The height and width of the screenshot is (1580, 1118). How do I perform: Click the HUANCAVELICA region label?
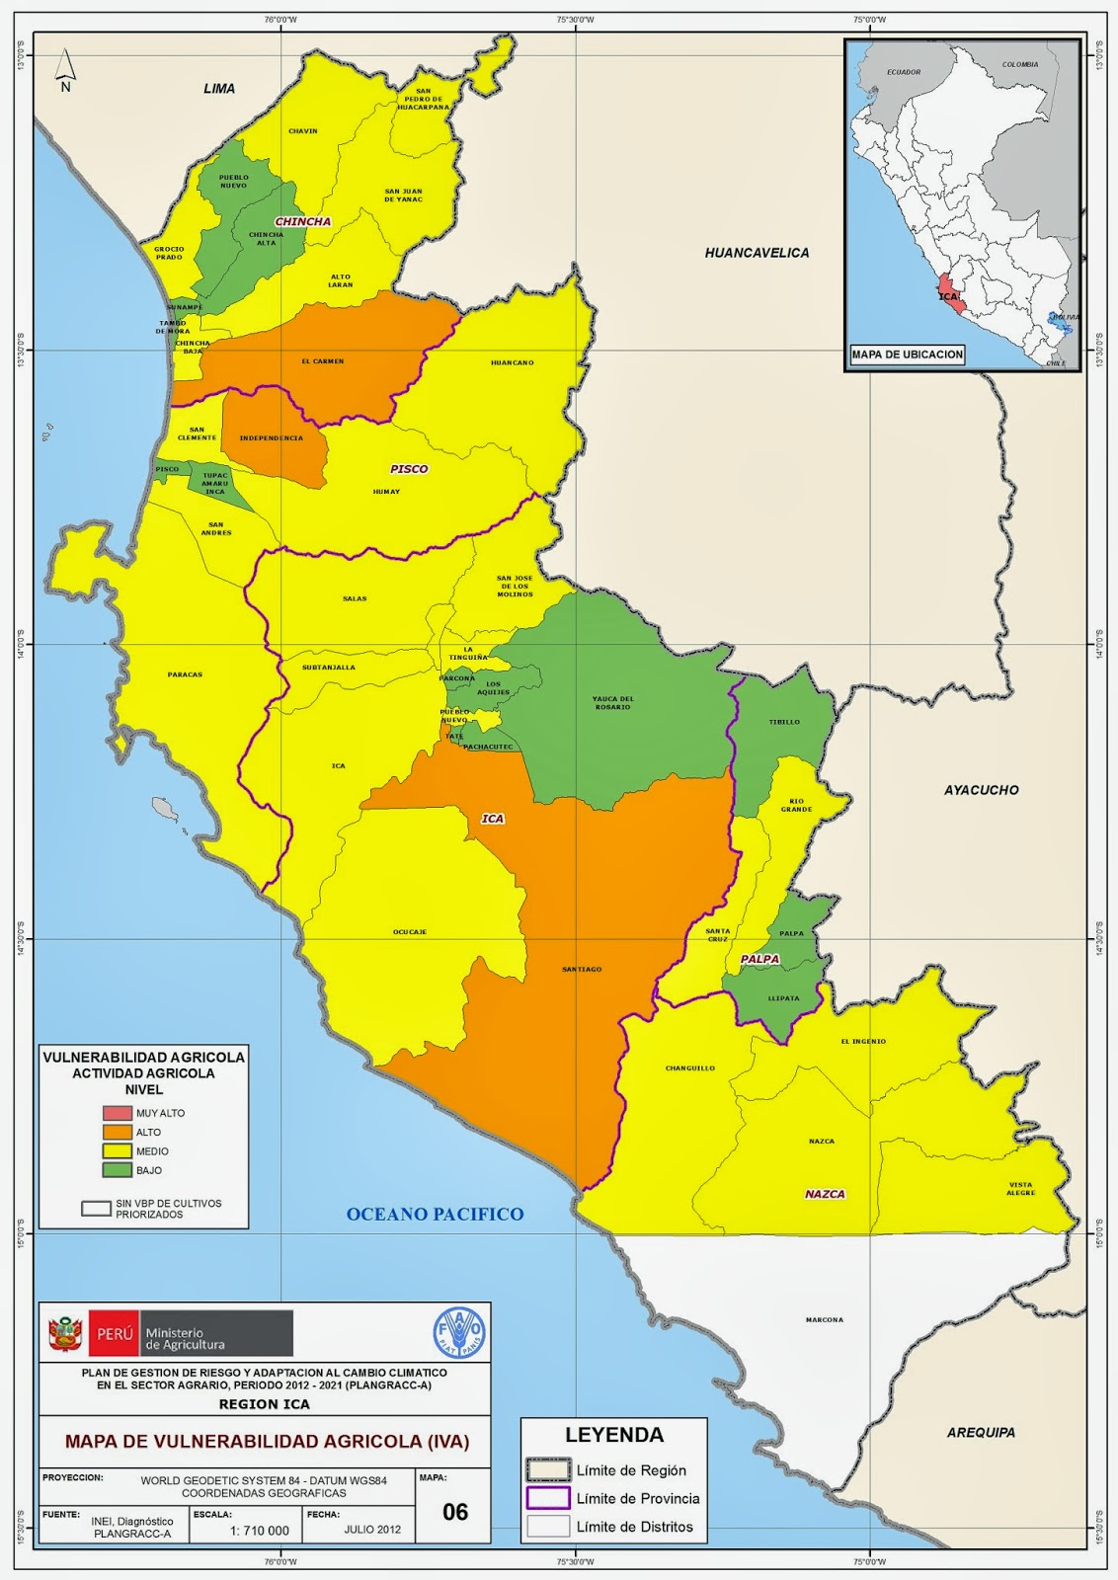pos(757,253)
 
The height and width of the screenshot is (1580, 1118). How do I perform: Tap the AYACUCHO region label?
pos(981,790)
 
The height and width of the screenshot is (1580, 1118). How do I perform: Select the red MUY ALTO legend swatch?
pos(118,1113)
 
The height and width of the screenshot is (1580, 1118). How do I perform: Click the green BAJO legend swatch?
pos(118,1170)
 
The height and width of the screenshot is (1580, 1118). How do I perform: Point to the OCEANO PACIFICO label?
pos(435,1215)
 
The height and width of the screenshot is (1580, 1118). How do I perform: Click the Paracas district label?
pos(185,674)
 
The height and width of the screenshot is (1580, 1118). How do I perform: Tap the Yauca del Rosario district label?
pos(613,702)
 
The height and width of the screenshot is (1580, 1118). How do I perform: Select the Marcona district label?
pos(824,1319)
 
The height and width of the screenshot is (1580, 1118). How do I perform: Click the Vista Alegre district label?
pos(1020,1189)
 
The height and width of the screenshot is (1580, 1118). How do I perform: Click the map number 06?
pos(455,1512)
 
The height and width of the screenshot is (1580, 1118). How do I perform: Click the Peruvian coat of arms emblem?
pos(65,1333)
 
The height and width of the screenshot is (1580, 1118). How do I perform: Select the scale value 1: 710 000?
pos(260,1531)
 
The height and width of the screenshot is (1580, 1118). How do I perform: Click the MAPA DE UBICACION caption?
pos(907,354)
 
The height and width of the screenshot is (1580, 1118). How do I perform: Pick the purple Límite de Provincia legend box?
pos(547,1498)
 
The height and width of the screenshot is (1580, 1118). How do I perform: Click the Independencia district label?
pos(271,437)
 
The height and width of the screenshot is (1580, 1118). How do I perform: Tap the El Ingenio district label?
pos(863,1041)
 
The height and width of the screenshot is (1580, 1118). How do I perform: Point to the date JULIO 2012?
pos(372,1531)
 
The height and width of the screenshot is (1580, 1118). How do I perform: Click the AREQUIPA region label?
pos(981,1432)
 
